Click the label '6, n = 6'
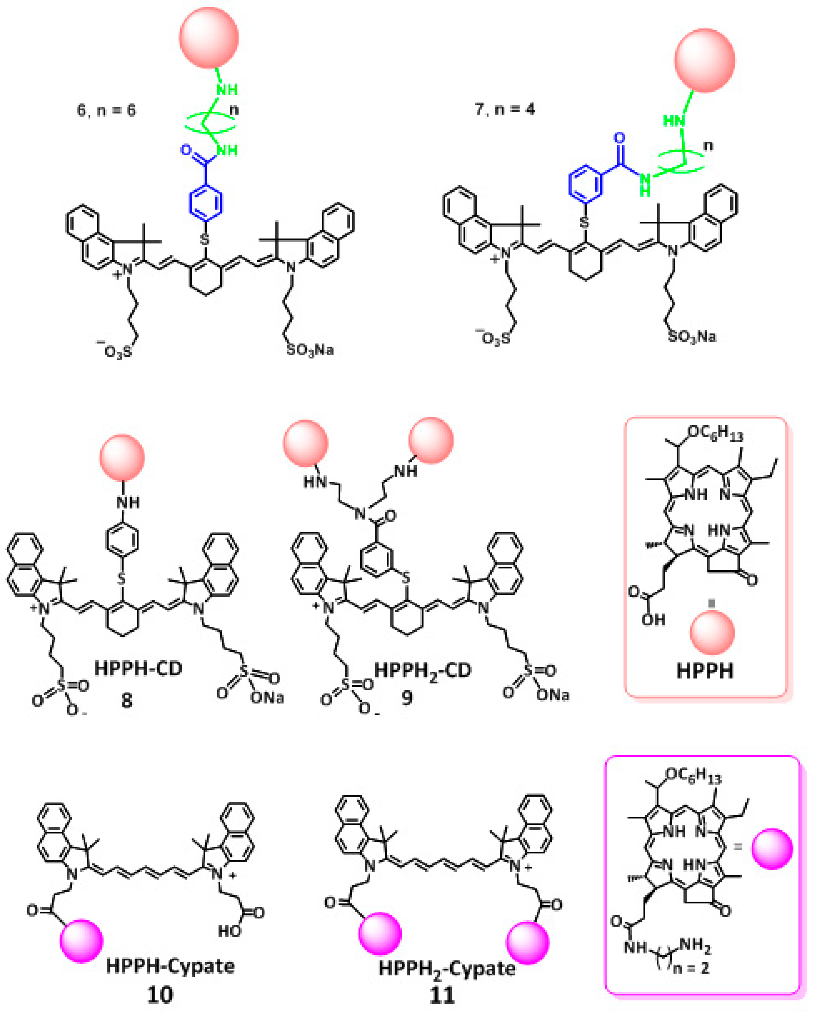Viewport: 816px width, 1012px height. tap(106, 110)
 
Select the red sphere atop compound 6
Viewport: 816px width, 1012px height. tap(209, 38)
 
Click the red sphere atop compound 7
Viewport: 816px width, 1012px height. tap(704, 60)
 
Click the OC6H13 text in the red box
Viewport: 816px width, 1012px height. tap(715, 433)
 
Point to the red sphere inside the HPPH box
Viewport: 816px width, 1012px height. tap(712, 633)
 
